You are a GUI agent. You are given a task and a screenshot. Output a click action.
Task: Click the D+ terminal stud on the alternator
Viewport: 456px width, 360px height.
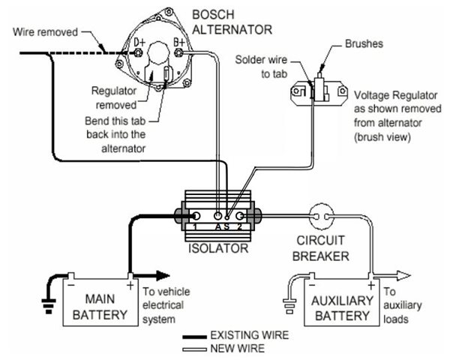click(139, 52)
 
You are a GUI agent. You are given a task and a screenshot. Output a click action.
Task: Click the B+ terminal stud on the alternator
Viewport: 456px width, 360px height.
click(179, 52)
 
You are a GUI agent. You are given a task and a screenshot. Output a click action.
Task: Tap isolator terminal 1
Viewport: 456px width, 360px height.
click(196, 216)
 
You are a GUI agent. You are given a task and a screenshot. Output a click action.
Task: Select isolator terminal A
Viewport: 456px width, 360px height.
click(217, 216)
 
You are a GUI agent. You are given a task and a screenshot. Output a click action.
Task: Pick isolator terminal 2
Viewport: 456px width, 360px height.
click(239, 216)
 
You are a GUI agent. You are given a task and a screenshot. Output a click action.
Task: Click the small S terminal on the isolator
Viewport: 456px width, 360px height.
click(227, 217)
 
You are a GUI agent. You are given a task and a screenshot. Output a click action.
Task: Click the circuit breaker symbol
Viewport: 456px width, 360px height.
click(321, 217)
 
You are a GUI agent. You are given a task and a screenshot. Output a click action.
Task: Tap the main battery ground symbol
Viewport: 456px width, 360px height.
click(49, 306)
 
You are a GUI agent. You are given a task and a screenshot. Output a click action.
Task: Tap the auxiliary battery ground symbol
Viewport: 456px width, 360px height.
click(289, 306)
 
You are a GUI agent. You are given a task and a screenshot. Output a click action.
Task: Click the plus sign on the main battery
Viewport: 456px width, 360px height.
click(130, 285)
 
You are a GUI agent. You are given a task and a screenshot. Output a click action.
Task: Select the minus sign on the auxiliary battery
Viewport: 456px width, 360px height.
click(312, 285)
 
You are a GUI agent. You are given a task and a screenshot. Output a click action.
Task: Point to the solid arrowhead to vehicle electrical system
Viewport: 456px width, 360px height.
click(163, 275)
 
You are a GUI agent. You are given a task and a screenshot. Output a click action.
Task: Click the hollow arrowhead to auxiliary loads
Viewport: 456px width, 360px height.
click(403, 275)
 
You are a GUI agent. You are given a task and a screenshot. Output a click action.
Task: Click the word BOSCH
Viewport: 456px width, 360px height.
click(214, 14)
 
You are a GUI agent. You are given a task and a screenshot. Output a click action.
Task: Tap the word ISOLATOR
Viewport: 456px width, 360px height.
click(218, 248)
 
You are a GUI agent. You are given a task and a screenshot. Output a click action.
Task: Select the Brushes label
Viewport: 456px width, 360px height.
click(364, 43)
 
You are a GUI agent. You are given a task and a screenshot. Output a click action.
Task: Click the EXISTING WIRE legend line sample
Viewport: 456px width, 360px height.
click(194, 337)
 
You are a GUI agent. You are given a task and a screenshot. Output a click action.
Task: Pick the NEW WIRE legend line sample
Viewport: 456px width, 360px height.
click(194, 349)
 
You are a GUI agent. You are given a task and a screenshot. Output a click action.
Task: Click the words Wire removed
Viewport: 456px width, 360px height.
click(45, 32)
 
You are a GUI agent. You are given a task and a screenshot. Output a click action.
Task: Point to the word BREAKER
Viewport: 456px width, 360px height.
click(321, 256)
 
